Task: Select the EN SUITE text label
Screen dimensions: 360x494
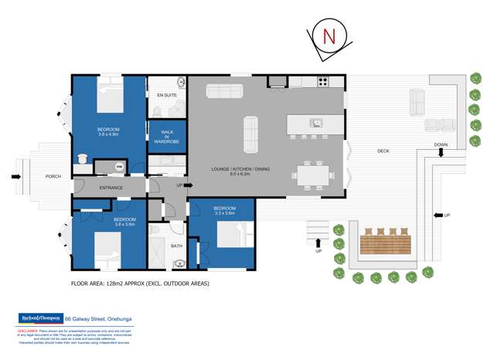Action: tap(167, 95)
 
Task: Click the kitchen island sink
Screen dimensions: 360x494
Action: tap(315, 122)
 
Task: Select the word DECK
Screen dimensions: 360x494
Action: tap(383, 151)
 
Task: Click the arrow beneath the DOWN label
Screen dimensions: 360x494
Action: tap(441, 154)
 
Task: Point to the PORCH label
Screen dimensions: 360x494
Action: tap(53, 176)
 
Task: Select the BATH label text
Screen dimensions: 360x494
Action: tap(176, 246)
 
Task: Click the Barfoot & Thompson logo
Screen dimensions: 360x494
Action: tap(39, 318)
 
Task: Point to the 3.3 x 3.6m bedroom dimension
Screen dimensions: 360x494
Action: tap(224, 213)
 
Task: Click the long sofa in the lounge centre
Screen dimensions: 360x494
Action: tap(250, 134)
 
